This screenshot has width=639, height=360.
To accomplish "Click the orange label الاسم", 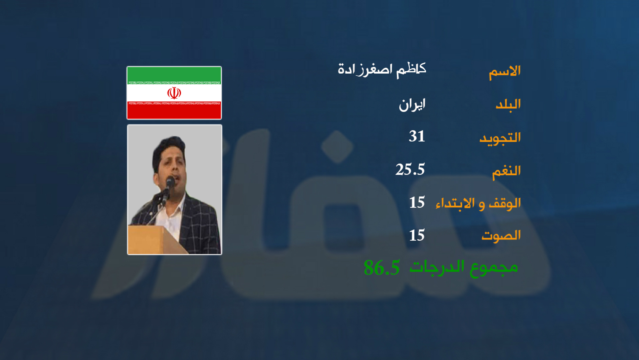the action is [505, 72].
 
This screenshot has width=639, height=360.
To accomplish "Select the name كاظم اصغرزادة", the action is [382, 70].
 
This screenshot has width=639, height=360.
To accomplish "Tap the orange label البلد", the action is [508, 104].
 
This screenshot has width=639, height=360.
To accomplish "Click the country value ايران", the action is [412, 105].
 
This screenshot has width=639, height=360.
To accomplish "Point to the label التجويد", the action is [500, 138].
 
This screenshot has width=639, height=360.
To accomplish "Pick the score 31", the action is [417, 136].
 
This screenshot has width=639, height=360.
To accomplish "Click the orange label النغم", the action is [506, 171].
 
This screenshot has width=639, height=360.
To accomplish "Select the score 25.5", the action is [410, 169].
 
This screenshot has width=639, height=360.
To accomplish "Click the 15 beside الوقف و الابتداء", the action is [417, 202].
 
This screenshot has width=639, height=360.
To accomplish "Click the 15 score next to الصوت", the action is [417, 235].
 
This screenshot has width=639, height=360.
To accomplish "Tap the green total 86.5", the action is [382, 268].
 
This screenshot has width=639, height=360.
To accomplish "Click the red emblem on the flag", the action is [174, 93].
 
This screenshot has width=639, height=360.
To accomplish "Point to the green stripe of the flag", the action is [174, 74].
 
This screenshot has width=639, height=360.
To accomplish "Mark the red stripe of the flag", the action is [174, 111].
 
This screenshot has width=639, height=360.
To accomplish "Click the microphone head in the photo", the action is [170, 181].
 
